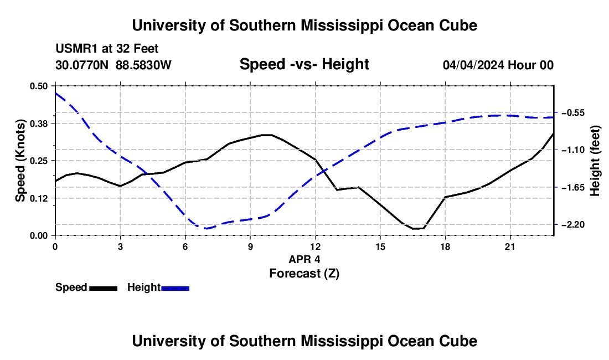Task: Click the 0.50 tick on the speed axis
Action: point(38,86)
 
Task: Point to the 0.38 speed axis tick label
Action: point(38,124)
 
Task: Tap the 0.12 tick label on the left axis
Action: point(38,198)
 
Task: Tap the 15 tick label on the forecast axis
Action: point(380,246)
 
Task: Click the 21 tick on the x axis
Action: point(510,246)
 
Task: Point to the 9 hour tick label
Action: point(250,246)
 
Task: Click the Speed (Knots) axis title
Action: point(20,161)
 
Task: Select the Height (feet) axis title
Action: point(595,161)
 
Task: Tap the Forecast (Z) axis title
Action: point(304,274)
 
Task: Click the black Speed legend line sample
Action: point(104,289)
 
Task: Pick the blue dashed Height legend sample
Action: point(175,289)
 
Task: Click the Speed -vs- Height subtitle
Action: point(304,64)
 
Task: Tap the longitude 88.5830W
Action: point(143,65)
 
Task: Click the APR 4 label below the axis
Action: point(304,259)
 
